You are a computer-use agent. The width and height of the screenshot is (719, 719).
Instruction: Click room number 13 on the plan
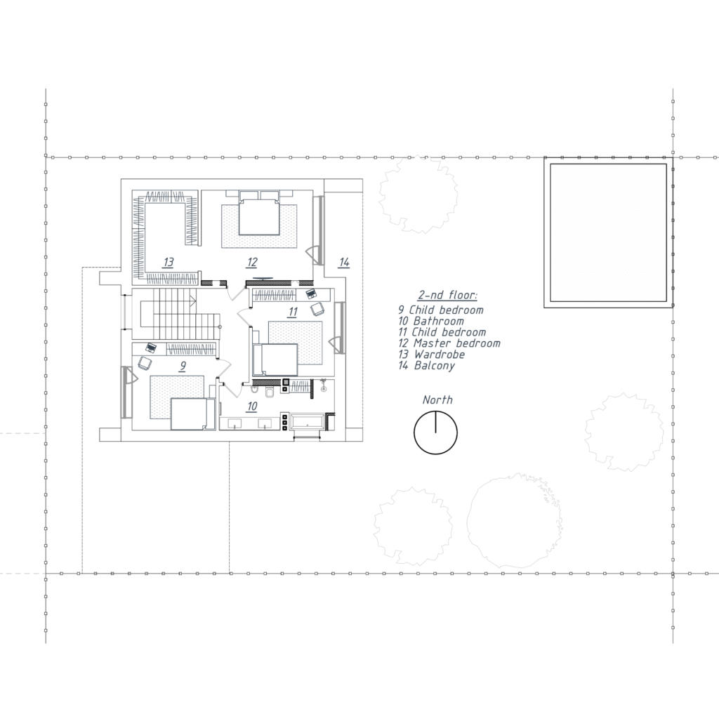tap(169, 263)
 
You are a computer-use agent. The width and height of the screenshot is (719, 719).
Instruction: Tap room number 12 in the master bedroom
tap(252, 263)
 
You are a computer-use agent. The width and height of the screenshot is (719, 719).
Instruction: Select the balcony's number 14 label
tap(344, 263)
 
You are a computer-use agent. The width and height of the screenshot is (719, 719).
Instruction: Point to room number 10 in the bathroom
tap(252, 407)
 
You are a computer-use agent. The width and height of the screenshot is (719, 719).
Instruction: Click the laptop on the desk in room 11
tap(311, 293)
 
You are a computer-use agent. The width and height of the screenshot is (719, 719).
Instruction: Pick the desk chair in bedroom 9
tap(145, 363)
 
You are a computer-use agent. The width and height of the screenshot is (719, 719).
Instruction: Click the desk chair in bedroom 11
tap(317, 310)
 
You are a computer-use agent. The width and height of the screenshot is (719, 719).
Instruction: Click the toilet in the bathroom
tap(270, 392)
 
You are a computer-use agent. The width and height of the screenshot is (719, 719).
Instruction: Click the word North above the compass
tap(437, 400)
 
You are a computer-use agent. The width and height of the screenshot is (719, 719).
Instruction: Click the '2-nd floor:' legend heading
tap(447, 295)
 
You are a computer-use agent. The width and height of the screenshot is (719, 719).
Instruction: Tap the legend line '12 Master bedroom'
tap(449, 343)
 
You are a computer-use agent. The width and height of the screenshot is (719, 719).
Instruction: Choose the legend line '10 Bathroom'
tap(431, 321)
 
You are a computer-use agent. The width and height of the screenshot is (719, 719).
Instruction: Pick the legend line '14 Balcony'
tap(426, 365)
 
